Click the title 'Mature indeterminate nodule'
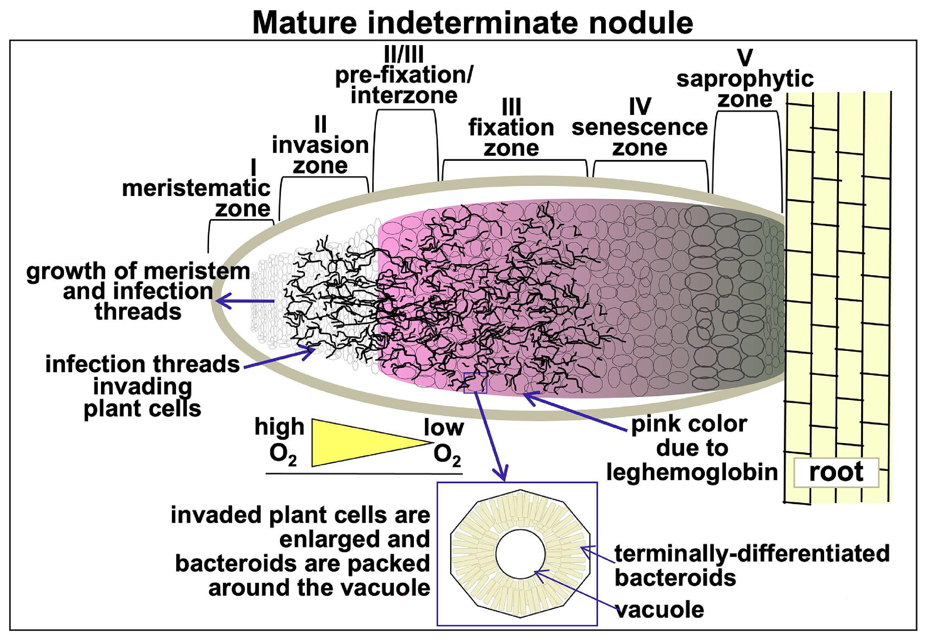pos(472,22)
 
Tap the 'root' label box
pos(836,472)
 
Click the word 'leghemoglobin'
pos(692,472)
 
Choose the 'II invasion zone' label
pos(320,146)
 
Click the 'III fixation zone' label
pos(511,127)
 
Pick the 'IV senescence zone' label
pos(640,127)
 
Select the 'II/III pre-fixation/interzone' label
pos(404,75)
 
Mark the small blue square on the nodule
pos(475,383)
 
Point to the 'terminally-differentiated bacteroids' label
pos(751,565)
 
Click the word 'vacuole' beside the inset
pos(660,609)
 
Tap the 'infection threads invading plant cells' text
pos(143,386)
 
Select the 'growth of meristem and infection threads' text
pos(138,291)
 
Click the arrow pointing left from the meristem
pos(246,302)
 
